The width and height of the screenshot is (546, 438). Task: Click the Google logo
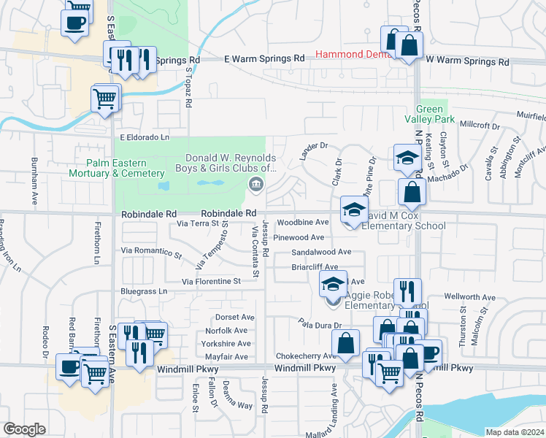point(25,429)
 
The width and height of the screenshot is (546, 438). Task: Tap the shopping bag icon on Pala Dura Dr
point(345,342)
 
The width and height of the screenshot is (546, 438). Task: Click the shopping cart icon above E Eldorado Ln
point(105,98)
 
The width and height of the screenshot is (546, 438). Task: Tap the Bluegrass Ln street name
point(143,291)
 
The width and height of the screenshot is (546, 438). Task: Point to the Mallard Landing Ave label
point(335,409)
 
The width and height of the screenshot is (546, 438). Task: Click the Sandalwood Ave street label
point(321,252)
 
